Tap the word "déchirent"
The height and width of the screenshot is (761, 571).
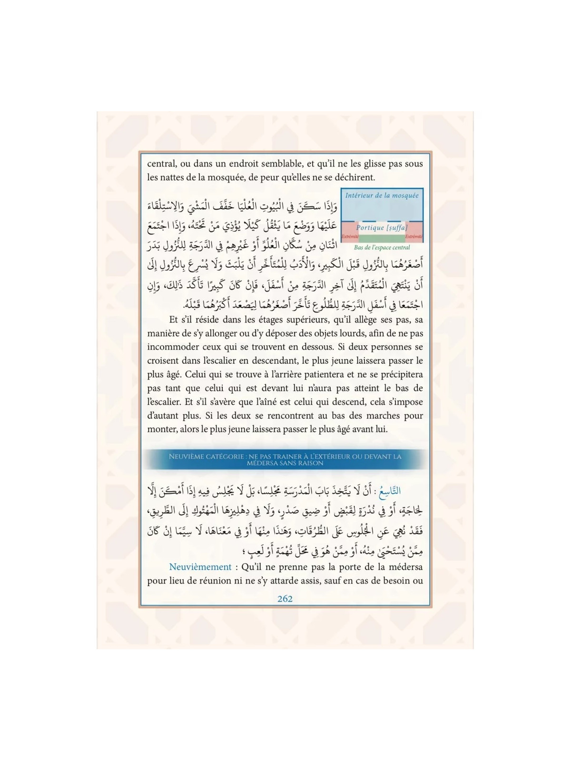pyautogui.click(x=352, y=177)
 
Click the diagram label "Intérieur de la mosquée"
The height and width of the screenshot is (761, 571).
pyautogui.click(x=382, y=195)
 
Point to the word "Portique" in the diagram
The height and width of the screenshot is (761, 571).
pyautogui.click(x=370, y=228)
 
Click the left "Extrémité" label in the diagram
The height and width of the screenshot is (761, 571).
pyautogui.click(x=350, y=236)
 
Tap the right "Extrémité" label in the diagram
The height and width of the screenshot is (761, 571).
pyautogui.click(x=414, y=236)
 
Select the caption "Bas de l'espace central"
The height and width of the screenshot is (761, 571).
pyautogui.click(x=382, y=247)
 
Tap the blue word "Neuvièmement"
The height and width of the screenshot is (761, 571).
pyautogui.click(x=200, y=567)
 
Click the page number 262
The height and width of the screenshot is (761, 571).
pyautogui.click(x=285, y=599)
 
